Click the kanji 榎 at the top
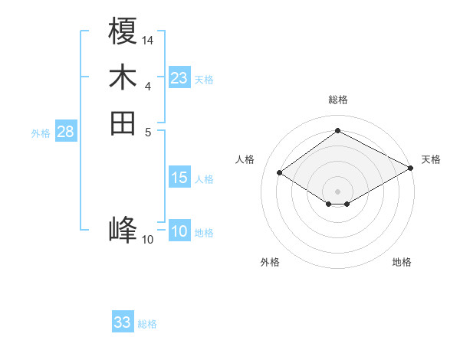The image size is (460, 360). (123, 33)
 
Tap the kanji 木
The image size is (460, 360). (123, 78)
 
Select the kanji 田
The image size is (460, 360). (123, 123)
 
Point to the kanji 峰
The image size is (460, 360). (123, 230)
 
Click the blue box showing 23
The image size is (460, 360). (179, 78)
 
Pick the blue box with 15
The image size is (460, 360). (179, 178)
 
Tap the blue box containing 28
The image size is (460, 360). (66, 132)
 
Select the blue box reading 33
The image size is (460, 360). (123, 322)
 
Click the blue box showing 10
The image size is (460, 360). (179, 232)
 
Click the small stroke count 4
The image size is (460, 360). (148, 86)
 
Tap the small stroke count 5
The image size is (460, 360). (148, 131)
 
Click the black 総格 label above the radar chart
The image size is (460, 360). (338, 100)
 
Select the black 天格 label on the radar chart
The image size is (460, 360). (431, 159)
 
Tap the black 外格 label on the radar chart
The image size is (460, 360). (270, 262)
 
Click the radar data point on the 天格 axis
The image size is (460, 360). (411, 169)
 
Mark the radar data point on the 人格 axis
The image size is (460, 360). (280, 173)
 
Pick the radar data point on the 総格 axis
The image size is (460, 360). (338, 131)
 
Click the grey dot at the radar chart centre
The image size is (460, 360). (338, 190)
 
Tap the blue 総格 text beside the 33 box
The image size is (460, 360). (147, 324)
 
